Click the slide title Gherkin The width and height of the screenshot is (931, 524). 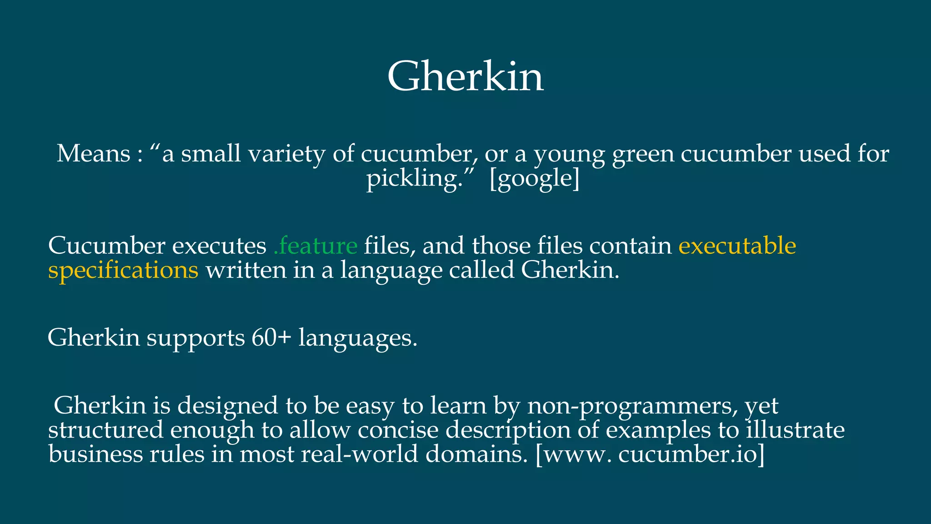click(x=465, y=76)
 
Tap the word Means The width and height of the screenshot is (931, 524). click(x=94, y=154)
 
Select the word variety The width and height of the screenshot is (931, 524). click(x=286, y=154)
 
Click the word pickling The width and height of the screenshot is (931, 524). click(x=414, y=178)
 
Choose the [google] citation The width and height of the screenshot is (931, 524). click(x=535, y=178)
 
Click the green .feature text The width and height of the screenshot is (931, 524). click(x=315, y=246)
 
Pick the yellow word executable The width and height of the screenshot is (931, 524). click(x=737, y=246)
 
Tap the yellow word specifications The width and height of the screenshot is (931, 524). click(x=123, y=271)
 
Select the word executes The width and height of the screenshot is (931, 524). click(x=219, y=246)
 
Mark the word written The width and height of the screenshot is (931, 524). click(x=246, y=270)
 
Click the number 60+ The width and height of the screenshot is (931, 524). click(x=271, y=338)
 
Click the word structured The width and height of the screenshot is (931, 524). click(x=105, y=430)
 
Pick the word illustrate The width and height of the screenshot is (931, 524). click(x=795, y=430)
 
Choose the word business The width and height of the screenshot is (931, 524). click(x=95, y=454)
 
